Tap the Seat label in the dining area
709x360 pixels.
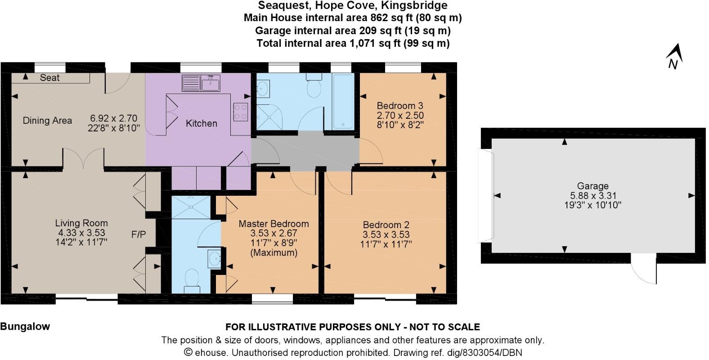(49, 78)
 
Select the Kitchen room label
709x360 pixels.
(201, 123)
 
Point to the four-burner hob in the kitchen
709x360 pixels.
(241, 112)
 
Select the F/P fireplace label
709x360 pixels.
(138, 234)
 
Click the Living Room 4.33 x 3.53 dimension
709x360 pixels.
(81, 233)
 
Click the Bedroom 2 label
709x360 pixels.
(386, 225)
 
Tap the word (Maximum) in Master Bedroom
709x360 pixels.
(274, 253)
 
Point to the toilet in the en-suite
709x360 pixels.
(192, 280)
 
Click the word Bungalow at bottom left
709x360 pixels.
(25, 327)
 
